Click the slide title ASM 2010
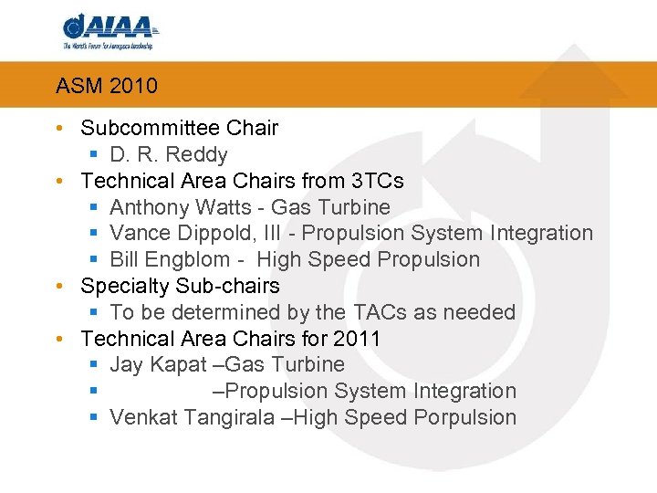106,87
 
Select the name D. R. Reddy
168,154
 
